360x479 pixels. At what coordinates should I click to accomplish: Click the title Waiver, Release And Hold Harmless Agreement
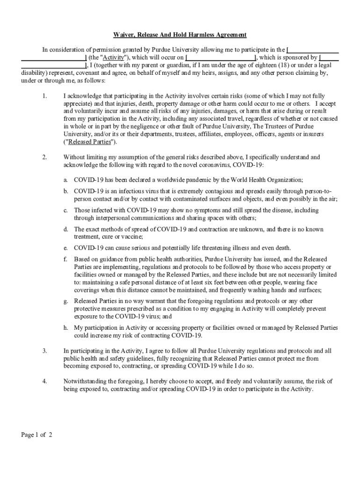pyautogui.click(x=180, y=35)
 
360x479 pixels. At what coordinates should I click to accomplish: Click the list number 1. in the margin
pyautogui.click(x=44, y=96)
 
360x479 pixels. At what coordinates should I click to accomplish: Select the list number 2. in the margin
pyautogui.click(x=44, y=157)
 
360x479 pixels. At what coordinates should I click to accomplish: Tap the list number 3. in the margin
pyautogui.click(x=44, y=351)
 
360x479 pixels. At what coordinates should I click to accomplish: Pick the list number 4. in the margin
pyautogui.click(x=44, y=381)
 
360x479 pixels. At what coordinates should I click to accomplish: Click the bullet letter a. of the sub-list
pyautogui.click(x=66, y=180)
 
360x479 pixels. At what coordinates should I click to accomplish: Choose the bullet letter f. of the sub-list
pyautogui.click(x=66, y=259)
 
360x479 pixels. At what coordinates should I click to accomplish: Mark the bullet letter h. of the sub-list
pyautogui.click(x=66, y=328)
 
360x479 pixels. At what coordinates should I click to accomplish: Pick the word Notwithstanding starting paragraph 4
pyautogui.click(x=85, y=381)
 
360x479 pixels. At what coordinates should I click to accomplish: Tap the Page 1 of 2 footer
pyautogui.click(x=36, y=435)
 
